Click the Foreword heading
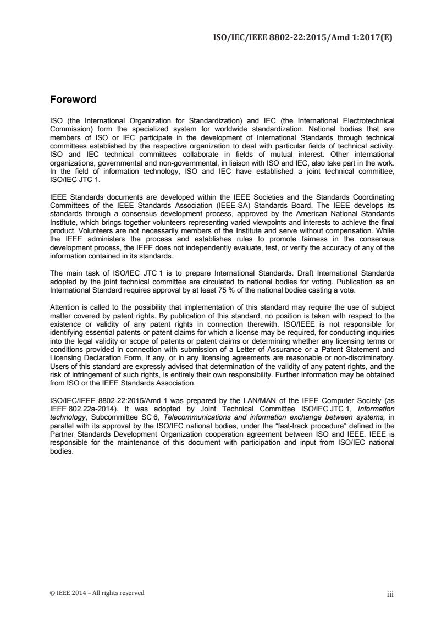point(73,100)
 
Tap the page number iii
point(391,593)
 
